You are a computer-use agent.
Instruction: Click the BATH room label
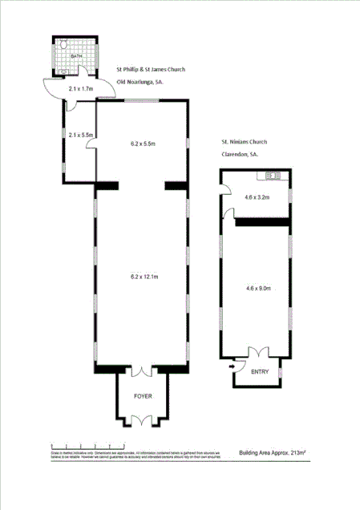coord(76,56)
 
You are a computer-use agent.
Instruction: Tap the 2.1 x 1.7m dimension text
coord(80,88)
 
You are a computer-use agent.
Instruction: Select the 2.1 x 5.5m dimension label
coord(82,135)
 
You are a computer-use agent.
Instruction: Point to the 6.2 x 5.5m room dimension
coord(143,144)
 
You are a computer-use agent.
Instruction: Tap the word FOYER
coord(142,396)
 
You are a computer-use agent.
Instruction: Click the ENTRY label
coord(260,372)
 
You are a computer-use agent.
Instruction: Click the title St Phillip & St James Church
coord(152,70)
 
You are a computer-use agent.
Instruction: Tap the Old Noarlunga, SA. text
coord(141,82)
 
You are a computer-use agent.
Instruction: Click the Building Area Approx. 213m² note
coord(272,452)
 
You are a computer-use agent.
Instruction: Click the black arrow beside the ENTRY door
coord(233,367)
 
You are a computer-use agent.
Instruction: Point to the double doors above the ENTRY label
coord(259,354)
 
